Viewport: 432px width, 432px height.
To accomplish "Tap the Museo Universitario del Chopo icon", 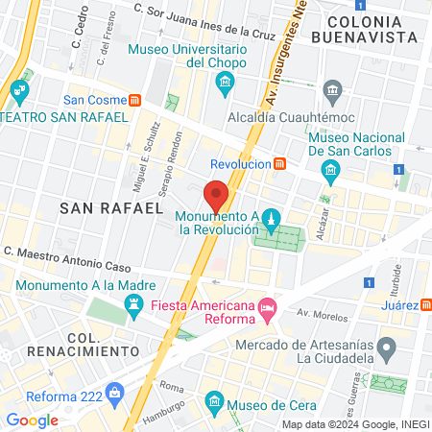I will (x=225, y=84).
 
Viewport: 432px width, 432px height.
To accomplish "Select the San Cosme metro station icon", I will (x=137, y=99).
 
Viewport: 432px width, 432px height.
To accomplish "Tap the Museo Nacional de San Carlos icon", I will (x=331, y=172).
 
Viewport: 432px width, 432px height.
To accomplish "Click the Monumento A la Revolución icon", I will (x=271, y=220).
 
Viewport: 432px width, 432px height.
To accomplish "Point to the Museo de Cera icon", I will (x=214, y=400).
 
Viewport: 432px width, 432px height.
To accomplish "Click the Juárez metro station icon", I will (x=425, y=303).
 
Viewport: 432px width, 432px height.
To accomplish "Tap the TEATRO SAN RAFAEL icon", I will (x=19, y=93).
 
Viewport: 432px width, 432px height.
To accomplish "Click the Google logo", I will (x=32, y=420).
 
